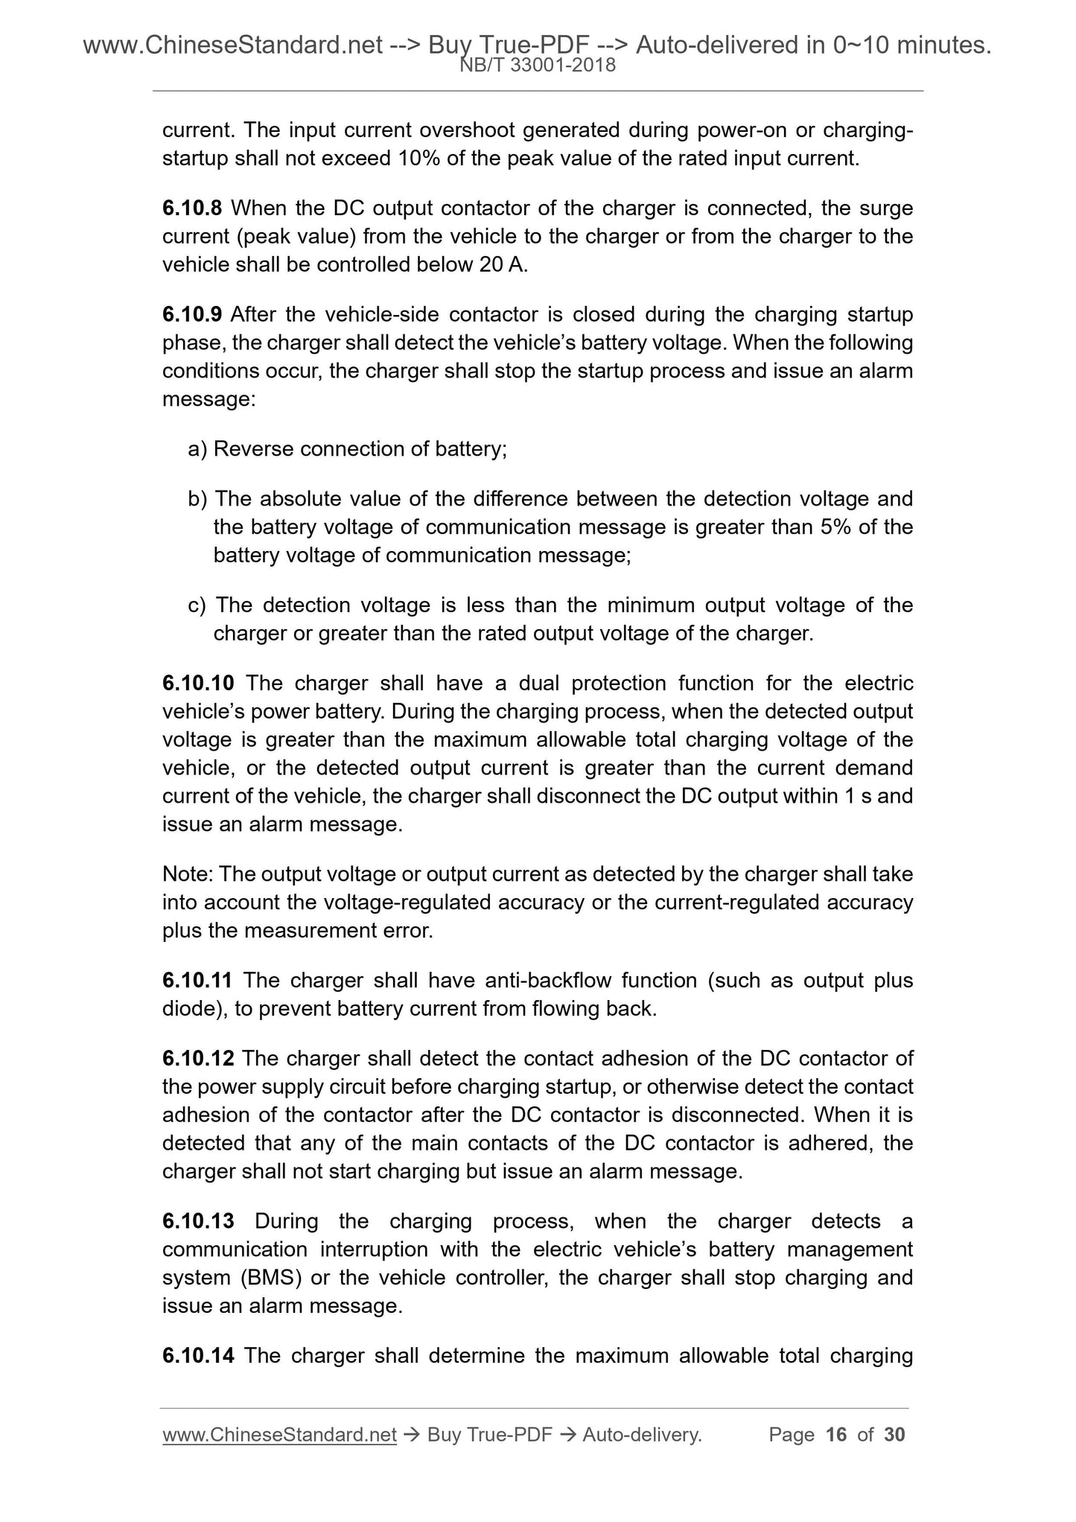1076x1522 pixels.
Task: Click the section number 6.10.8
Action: (x=191, y=208)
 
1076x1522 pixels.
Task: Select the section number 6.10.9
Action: (x=191, y=314)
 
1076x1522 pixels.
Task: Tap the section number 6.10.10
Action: (x=198, y=683)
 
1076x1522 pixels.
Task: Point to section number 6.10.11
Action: (x=197, y=980)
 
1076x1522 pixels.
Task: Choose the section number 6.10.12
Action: (x=198, y=1058)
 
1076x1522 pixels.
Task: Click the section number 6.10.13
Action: (x=198, y=1221)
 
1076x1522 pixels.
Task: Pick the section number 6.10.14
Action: (x=198, y=1355)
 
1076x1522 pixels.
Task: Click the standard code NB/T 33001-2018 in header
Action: (x=538, y=66)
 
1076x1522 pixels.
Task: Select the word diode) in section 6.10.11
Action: (x=194, y=1009)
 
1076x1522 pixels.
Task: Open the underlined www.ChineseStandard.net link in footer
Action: (x=279, y=1435)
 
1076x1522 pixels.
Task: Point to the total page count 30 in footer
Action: (x=894, y=1435)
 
